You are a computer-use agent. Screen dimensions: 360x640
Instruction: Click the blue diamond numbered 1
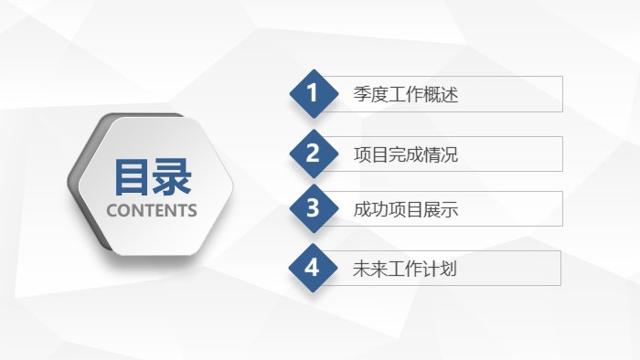[313, 93]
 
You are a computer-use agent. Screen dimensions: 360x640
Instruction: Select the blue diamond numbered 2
[313, 154]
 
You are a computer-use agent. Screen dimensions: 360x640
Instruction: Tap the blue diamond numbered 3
[313, 209]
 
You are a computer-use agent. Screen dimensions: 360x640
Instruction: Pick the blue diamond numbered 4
[313, 268]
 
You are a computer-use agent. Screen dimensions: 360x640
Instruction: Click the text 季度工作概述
[405, 94]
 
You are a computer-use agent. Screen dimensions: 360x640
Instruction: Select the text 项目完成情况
[405, 154]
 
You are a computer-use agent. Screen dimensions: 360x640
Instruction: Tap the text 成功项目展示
[405, 210]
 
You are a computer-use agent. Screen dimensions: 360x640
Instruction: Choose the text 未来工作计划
[405, 269]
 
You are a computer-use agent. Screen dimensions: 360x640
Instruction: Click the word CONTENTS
[152, 210]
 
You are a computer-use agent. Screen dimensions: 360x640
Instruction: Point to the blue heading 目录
[152, 176]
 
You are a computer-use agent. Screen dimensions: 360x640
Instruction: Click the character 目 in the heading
[132, 176]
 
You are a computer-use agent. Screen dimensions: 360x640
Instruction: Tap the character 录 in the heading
[172, 176]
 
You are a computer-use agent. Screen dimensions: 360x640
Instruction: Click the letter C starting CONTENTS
[112, 210]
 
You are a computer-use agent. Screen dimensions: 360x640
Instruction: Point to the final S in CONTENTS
[192, 210]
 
